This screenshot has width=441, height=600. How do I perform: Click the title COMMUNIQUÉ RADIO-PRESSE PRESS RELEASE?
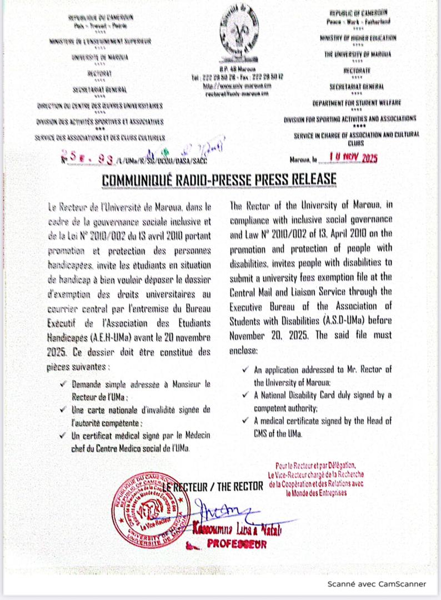220,179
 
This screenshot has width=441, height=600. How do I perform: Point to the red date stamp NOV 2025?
353,158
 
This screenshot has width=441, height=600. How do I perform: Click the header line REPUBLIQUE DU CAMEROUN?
94,17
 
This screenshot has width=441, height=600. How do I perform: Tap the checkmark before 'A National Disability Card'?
245,396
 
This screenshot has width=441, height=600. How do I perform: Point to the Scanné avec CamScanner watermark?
376,584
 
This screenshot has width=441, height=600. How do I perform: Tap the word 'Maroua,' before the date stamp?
303,159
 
